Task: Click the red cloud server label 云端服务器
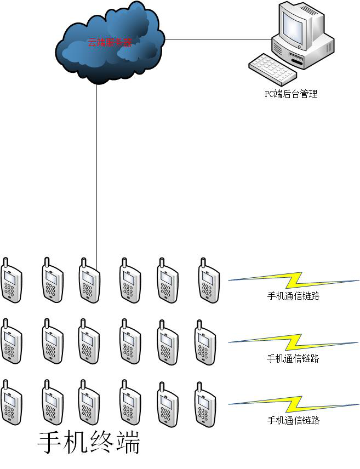click(110, 42)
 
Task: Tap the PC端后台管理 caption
click(291, 94)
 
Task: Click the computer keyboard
click(273, 70)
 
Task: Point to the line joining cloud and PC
click(218, 39)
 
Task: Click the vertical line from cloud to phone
click(96, 175)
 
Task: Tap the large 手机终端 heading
click(89, 443)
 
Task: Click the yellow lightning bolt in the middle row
click(293, 342)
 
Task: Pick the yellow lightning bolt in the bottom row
click(294, 404)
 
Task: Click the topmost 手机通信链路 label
click(293, 296)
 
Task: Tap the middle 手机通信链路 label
click(293, 358)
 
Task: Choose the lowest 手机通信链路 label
click(293, 421)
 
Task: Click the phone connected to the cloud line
click(89, 281)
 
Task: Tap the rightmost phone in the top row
click(209, 281)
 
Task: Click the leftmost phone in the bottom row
click(12, 402)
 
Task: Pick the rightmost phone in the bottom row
click(205, 404)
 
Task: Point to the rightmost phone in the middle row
click(205, 342)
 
